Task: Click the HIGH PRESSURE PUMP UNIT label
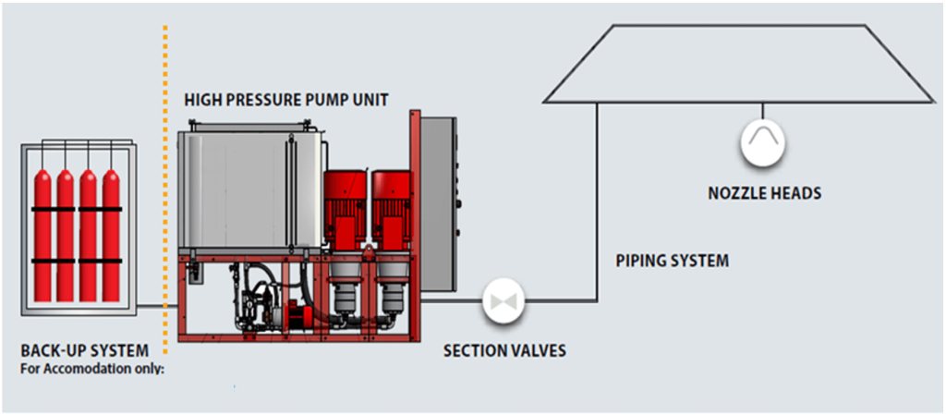[x=285, y=99]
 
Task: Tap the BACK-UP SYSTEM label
[x=84, y=351]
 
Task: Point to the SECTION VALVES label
[x=504, y=351]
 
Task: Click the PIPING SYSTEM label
[x=672, y=261]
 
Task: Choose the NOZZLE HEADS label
[x=764, y=193]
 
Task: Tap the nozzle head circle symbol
[x=762, y=143]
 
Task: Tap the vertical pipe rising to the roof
[x=597, y=203]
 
